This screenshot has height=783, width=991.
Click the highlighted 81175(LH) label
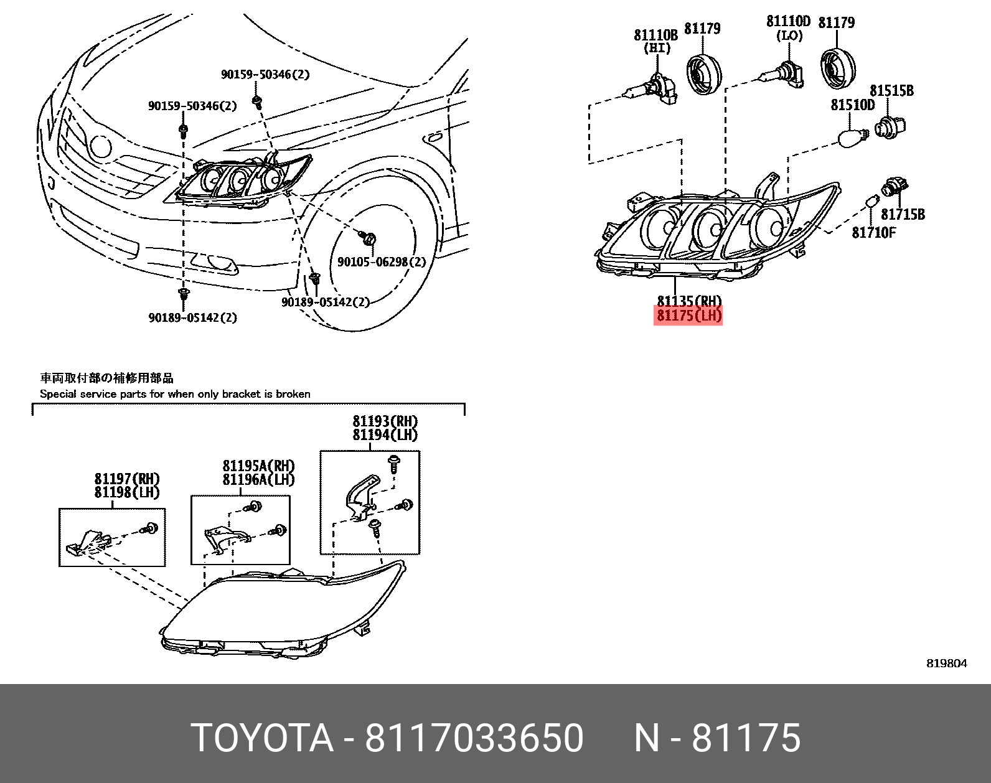coord(688,316)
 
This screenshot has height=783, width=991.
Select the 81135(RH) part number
coord(688,301)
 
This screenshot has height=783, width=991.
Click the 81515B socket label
coord(891,91)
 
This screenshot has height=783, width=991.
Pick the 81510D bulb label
coord(852,105)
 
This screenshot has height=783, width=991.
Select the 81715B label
coord(903,215)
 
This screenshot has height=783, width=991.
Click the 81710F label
coord(873,232)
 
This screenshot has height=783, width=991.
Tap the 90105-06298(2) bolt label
coord(382,262)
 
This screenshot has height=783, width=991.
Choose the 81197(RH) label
coord(127,479)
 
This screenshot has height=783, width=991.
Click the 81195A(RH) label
coord(258,466)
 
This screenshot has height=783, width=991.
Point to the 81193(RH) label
coord(385,421)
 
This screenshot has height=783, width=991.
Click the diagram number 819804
coord(947,663)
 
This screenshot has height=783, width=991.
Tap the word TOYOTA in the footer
coord(262,738)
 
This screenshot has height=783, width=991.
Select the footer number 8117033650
coord(474,738)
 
